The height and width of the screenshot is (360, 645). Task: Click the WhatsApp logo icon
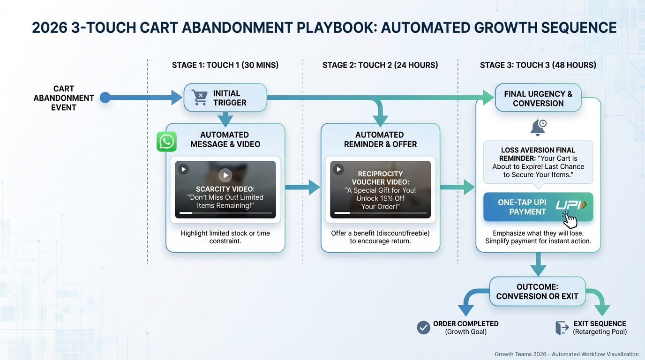click(166, 142)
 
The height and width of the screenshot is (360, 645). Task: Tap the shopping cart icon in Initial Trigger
click(200, 97)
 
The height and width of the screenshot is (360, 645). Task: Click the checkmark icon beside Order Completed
click(423, 328)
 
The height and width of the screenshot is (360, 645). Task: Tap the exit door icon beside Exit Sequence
click(562, 328)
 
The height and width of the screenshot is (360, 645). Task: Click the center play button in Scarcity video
click(225, 175)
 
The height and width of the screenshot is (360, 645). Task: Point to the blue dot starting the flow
click(105, 97)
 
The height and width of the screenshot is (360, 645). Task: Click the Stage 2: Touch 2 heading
click(380, 65)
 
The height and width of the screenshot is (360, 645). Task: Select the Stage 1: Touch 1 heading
click(225, 65)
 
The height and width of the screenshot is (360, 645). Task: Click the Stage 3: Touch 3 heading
click(538, 65)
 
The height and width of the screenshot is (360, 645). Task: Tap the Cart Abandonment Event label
click(64, 98)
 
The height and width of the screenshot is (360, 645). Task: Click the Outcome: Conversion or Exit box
click(537, 292)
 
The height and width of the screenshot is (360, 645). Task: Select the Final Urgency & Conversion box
click(538, 98)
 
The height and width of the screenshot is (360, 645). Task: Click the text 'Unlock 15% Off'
click(380, 198)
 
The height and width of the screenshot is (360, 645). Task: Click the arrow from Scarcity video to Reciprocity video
click(302, 188)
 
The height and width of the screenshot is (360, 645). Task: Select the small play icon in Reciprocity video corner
click(338, 169)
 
